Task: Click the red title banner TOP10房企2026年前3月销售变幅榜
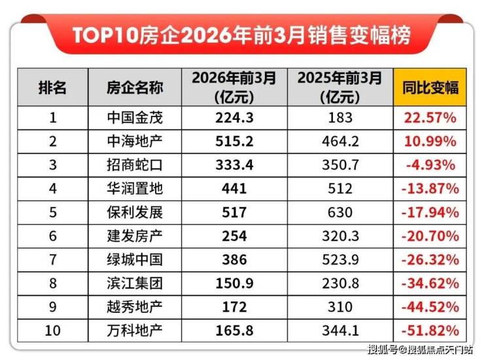pos(242,35)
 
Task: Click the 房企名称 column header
pos(135,88)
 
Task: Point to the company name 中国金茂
pos(135,118)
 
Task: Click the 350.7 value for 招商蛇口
pos(337,165)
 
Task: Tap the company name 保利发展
pos(135,212)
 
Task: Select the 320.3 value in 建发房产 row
pos(337,236)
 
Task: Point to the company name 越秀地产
pos(135,306)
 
